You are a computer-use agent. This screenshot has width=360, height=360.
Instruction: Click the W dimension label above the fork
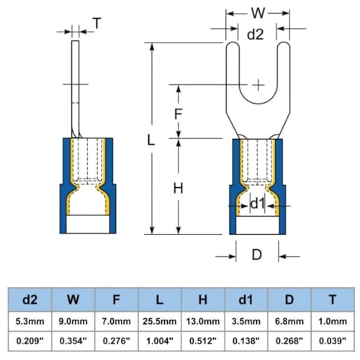click(x=258, y=13)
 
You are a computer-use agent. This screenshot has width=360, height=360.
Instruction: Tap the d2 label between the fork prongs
click(x=255, y=35)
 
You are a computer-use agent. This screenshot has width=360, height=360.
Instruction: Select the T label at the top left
click(x=97, y=23)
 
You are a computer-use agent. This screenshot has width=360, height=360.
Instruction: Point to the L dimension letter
click(x=150, y=140)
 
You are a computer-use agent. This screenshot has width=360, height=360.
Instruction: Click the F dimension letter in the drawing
click(x=178, y=114)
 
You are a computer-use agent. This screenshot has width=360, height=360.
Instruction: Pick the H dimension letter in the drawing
click(x=178, y=188)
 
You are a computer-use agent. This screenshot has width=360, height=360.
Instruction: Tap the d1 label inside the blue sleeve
click(x=257, y=204)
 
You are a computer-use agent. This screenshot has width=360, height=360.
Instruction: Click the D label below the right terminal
click(x=256, y=255)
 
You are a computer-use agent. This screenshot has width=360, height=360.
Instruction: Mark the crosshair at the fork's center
click(x=258, y=85)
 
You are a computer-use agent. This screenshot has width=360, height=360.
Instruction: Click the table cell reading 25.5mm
click(x=160, y=321)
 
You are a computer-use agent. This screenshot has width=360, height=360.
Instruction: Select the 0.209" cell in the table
click(x=30, y=341)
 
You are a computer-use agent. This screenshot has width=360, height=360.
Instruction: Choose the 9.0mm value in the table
click(x=73, y=321)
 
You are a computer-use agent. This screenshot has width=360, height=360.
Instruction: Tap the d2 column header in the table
click(x=30, y=300)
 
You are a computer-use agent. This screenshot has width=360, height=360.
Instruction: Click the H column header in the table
click(x=203, y=300)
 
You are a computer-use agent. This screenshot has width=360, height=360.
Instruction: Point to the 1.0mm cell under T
click(x=333, y=321)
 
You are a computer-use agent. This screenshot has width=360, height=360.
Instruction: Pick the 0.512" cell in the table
click(x=203, y=341)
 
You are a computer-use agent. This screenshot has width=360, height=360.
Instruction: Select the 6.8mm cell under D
click(x=289, y=321)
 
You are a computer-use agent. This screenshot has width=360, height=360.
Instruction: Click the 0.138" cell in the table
click(x=246, y=341)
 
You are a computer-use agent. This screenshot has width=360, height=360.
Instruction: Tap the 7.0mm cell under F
click(x=117, y=321)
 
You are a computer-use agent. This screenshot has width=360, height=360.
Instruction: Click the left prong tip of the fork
click(x=233, y=42)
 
